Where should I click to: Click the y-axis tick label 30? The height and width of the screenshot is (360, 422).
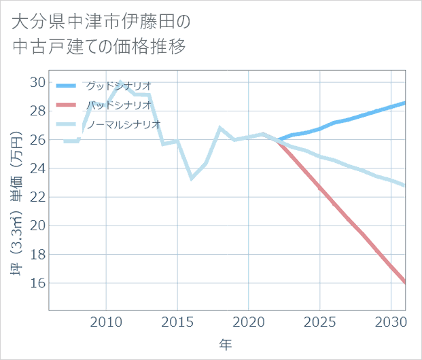coord(37,82)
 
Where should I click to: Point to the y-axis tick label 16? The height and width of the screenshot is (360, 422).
coord(37,283)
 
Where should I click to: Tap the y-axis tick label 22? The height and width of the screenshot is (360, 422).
coord(37,197)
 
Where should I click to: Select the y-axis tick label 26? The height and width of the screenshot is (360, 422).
coord(37,140)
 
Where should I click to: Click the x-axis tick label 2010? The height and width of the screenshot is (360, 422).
coord(106,320)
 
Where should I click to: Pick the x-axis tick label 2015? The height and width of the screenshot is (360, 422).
coord(177,320)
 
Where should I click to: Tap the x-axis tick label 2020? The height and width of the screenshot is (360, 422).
coord(249,320)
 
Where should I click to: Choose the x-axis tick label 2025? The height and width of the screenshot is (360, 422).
coord(319,320)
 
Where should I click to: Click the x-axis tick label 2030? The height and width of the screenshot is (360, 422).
coord(391,320)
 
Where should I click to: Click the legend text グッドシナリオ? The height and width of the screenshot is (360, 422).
coord(118,86)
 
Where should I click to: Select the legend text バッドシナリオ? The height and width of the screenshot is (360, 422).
coord(118,105)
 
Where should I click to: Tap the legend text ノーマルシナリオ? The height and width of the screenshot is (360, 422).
coord(123,124)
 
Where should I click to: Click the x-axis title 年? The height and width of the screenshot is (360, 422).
coord(226,345)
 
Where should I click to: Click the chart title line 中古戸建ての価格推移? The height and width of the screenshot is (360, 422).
coord(99,48)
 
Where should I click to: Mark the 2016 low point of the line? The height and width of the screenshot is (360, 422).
coord(192,179)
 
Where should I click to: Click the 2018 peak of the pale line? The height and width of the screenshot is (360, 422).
coord(220,128)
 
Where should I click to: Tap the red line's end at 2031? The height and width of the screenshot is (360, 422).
coord(405,283)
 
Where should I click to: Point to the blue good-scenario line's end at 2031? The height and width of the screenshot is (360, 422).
coord(405,103)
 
